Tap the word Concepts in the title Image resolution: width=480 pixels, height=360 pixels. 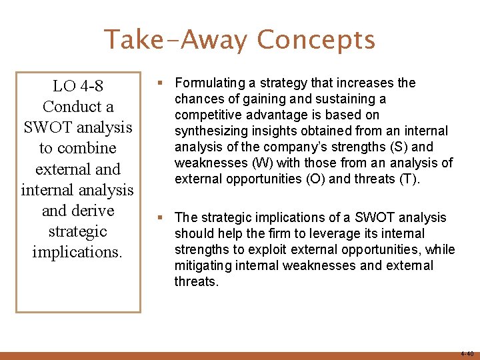tap(316, 39)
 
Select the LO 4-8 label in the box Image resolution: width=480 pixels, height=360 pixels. tap(78, 86)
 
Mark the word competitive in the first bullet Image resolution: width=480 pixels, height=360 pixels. tap(207, 115)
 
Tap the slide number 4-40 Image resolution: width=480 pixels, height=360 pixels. tap(466, 353)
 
